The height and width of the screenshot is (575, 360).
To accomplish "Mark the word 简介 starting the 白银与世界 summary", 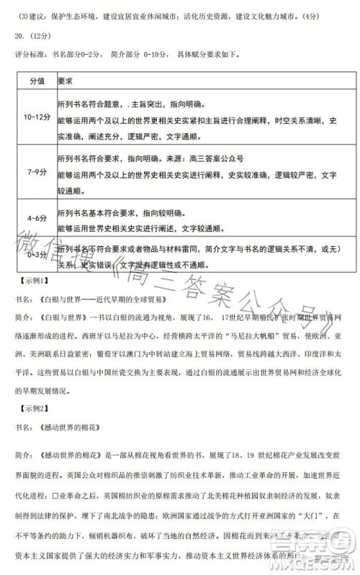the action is (24, 317).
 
